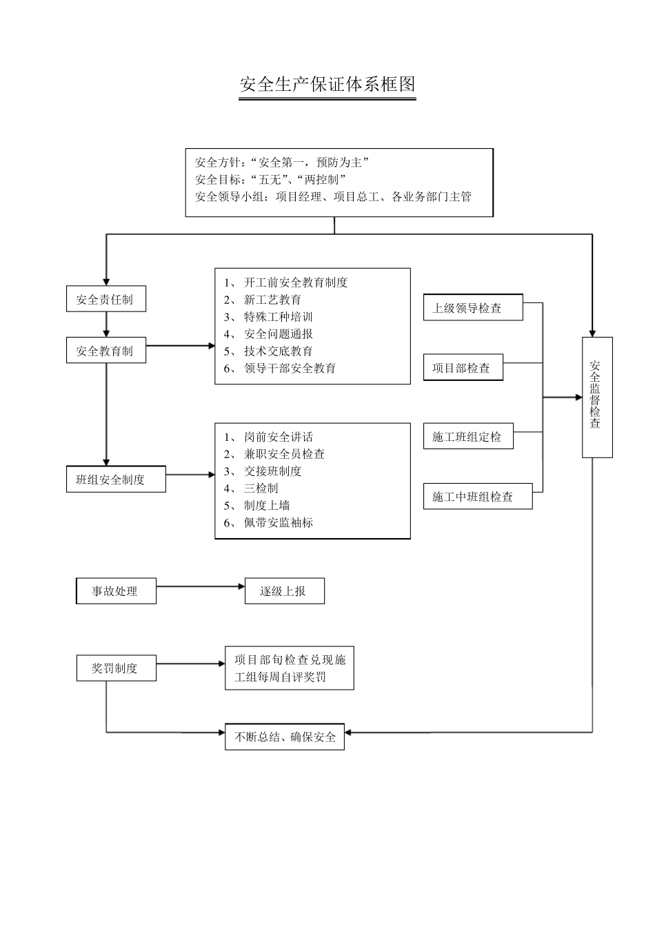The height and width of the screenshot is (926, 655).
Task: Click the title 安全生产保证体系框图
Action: pos(327,85)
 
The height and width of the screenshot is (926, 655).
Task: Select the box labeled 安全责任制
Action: pos(105,299)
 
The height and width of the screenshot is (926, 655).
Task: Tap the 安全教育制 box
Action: pos(105,351)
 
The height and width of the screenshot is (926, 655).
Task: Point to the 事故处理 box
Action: pos(116,591)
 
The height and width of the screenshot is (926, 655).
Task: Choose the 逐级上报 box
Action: pos(284,591)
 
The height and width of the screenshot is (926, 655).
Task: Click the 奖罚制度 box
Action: pos(116,668)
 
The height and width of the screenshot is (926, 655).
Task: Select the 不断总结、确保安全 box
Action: pos(284,737)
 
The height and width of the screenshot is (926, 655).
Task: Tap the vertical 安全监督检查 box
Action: pos(596,397)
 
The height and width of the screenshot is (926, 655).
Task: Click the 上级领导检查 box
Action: pos(472,308)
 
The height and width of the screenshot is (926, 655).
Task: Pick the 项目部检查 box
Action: pos(463,368)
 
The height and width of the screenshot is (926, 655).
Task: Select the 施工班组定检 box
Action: pos(468,437)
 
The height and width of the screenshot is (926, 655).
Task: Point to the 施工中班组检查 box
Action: pos(477,497)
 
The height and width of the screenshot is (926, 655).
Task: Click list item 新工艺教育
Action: pos(272,300)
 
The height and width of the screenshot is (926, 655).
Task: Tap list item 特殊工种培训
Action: pos(278,317)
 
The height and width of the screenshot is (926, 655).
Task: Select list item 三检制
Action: pos(261,488)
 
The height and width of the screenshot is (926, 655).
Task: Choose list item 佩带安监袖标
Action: pos(278,523)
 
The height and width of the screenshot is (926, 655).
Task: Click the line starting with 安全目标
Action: pos(270,180)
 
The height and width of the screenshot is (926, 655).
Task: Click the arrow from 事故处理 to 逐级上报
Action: pos(200,587)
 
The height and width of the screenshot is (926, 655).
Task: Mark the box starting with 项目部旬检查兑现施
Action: pos(289,668)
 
